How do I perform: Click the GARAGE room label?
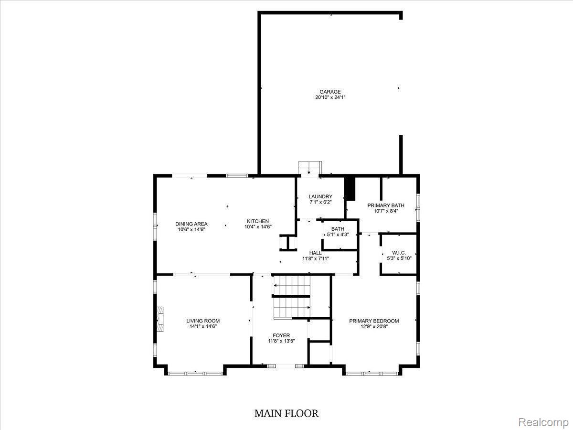(330, 92)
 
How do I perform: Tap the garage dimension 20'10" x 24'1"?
(330, 97)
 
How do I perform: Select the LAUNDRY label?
(320, 196)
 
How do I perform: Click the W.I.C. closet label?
(398, 253)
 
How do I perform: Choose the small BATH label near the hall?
(338, 229)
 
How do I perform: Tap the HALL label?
(315, 253)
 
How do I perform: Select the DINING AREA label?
(191, 224)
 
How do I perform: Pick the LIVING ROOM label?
(203, 321)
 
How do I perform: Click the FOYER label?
(281, 335)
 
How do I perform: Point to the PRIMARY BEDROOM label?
(374, 321)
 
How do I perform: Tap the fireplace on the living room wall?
(160, 319)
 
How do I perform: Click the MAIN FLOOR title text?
(286, 413)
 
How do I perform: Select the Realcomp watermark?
(543, 422)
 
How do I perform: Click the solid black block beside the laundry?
(350, 189)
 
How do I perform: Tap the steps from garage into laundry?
(309, 169)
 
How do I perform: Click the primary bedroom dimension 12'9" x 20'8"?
(374, 327)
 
